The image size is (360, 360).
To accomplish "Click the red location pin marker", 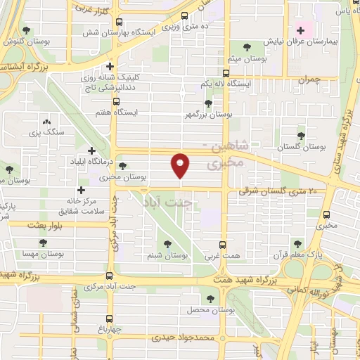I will (x=181, y=165).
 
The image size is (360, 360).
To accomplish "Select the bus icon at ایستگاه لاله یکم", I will (x=226, y=73).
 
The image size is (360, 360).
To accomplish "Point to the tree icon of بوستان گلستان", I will (x=301, y=135).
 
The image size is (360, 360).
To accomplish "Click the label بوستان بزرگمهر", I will (x=207, y=114).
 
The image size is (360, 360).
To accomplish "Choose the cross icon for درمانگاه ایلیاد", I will (x=91, y=150).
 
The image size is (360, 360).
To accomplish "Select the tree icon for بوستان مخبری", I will (x=123, y=167).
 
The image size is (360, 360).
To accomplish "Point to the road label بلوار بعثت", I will (x=47, y=225).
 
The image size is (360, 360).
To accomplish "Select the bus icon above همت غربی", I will (x=222, y=245).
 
